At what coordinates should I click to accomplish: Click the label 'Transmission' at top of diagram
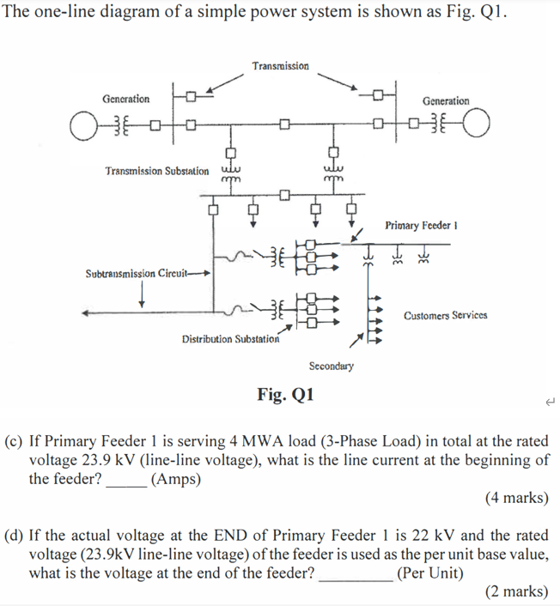(x=281, y=66)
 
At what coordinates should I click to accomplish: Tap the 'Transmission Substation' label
(x=156, y=171)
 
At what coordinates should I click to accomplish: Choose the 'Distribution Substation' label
(x=230, y=339)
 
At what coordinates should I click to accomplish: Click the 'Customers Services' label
(x=445, y=315)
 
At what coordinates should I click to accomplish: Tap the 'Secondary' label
(x=331, y=366)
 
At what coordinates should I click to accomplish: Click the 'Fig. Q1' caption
(x=286, y=395)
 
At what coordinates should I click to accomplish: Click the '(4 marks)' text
(x=516, y=497)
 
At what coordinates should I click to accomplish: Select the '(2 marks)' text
(x=516, y=591)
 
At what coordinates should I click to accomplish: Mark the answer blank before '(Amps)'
(x=125, y=482)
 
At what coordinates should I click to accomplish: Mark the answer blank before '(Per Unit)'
(x=356, y=573)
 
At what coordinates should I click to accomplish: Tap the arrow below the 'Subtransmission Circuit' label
(x=142, y=294)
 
